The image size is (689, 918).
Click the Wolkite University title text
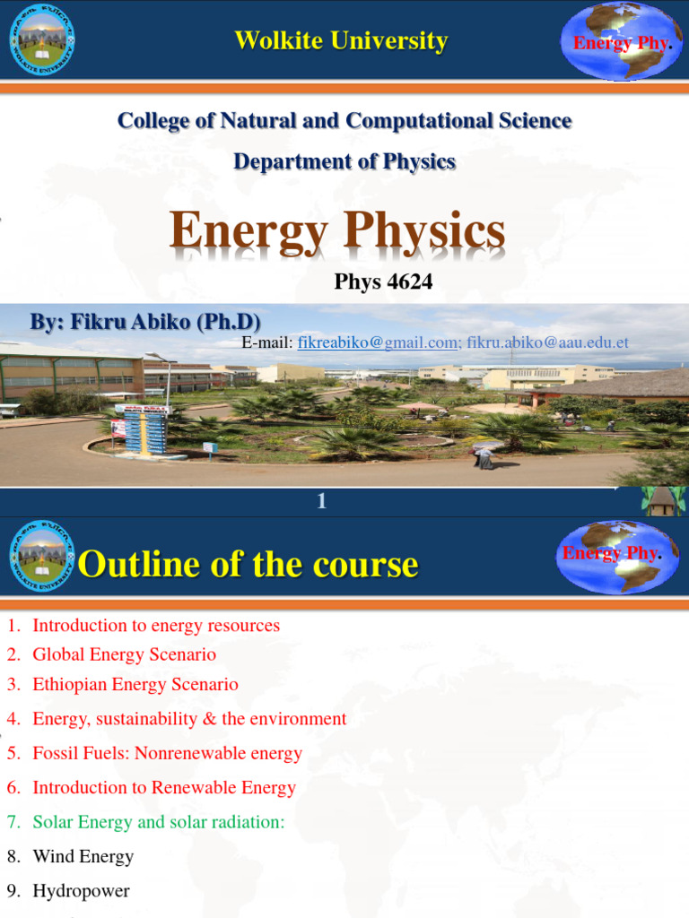point(341,41)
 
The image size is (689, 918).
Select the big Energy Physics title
point(337,232)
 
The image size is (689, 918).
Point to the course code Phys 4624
point(383,282)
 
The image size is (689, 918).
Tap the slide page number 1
point(321,502)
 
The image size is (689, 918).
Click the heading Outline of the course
point(248,565)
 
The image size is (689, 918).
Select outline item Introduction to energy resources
point(156,626)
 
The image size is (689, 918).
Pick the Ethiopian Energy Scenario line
point(135,685)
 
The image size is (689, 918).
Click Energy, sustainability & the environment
point(189,719)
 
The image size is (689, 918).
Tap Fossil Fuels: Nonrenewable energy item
point(167,753)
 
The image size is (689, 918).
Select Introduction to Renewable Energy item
point(164,788)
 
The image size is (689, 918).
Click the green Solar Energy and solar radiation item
point(159,822)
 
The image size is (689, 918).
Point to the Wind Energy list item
point(83,857)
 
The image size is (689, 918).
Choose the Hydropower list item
point(81,891)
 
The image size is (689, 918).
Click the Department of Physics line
point(344,161)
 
